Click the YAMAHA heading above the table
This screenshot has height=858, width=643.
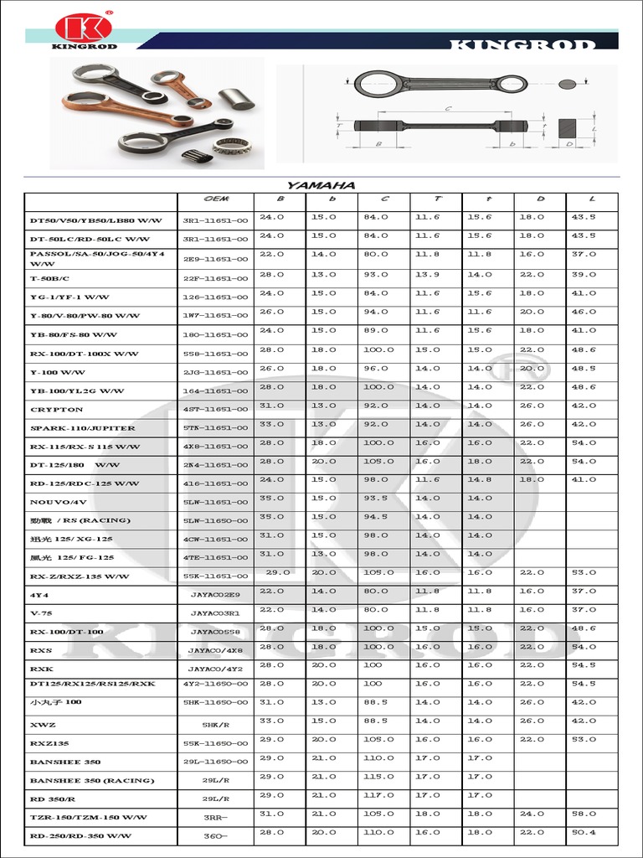point(321,185)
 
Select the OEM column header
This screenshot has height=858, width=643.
point(217,199)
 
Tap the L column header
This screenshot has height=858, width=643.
point(592,199)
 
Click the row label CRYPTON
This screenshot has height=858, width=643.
point(57,410)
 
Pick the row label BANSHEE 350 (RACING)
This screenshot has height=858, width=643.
point(92,780)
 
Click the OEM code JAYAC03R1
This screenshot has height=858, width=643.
point(216,612)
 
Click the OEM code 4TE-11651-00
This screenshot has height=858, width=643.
point(216,557)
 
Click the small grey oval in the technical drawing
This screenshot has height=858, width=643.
point(568,84)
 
